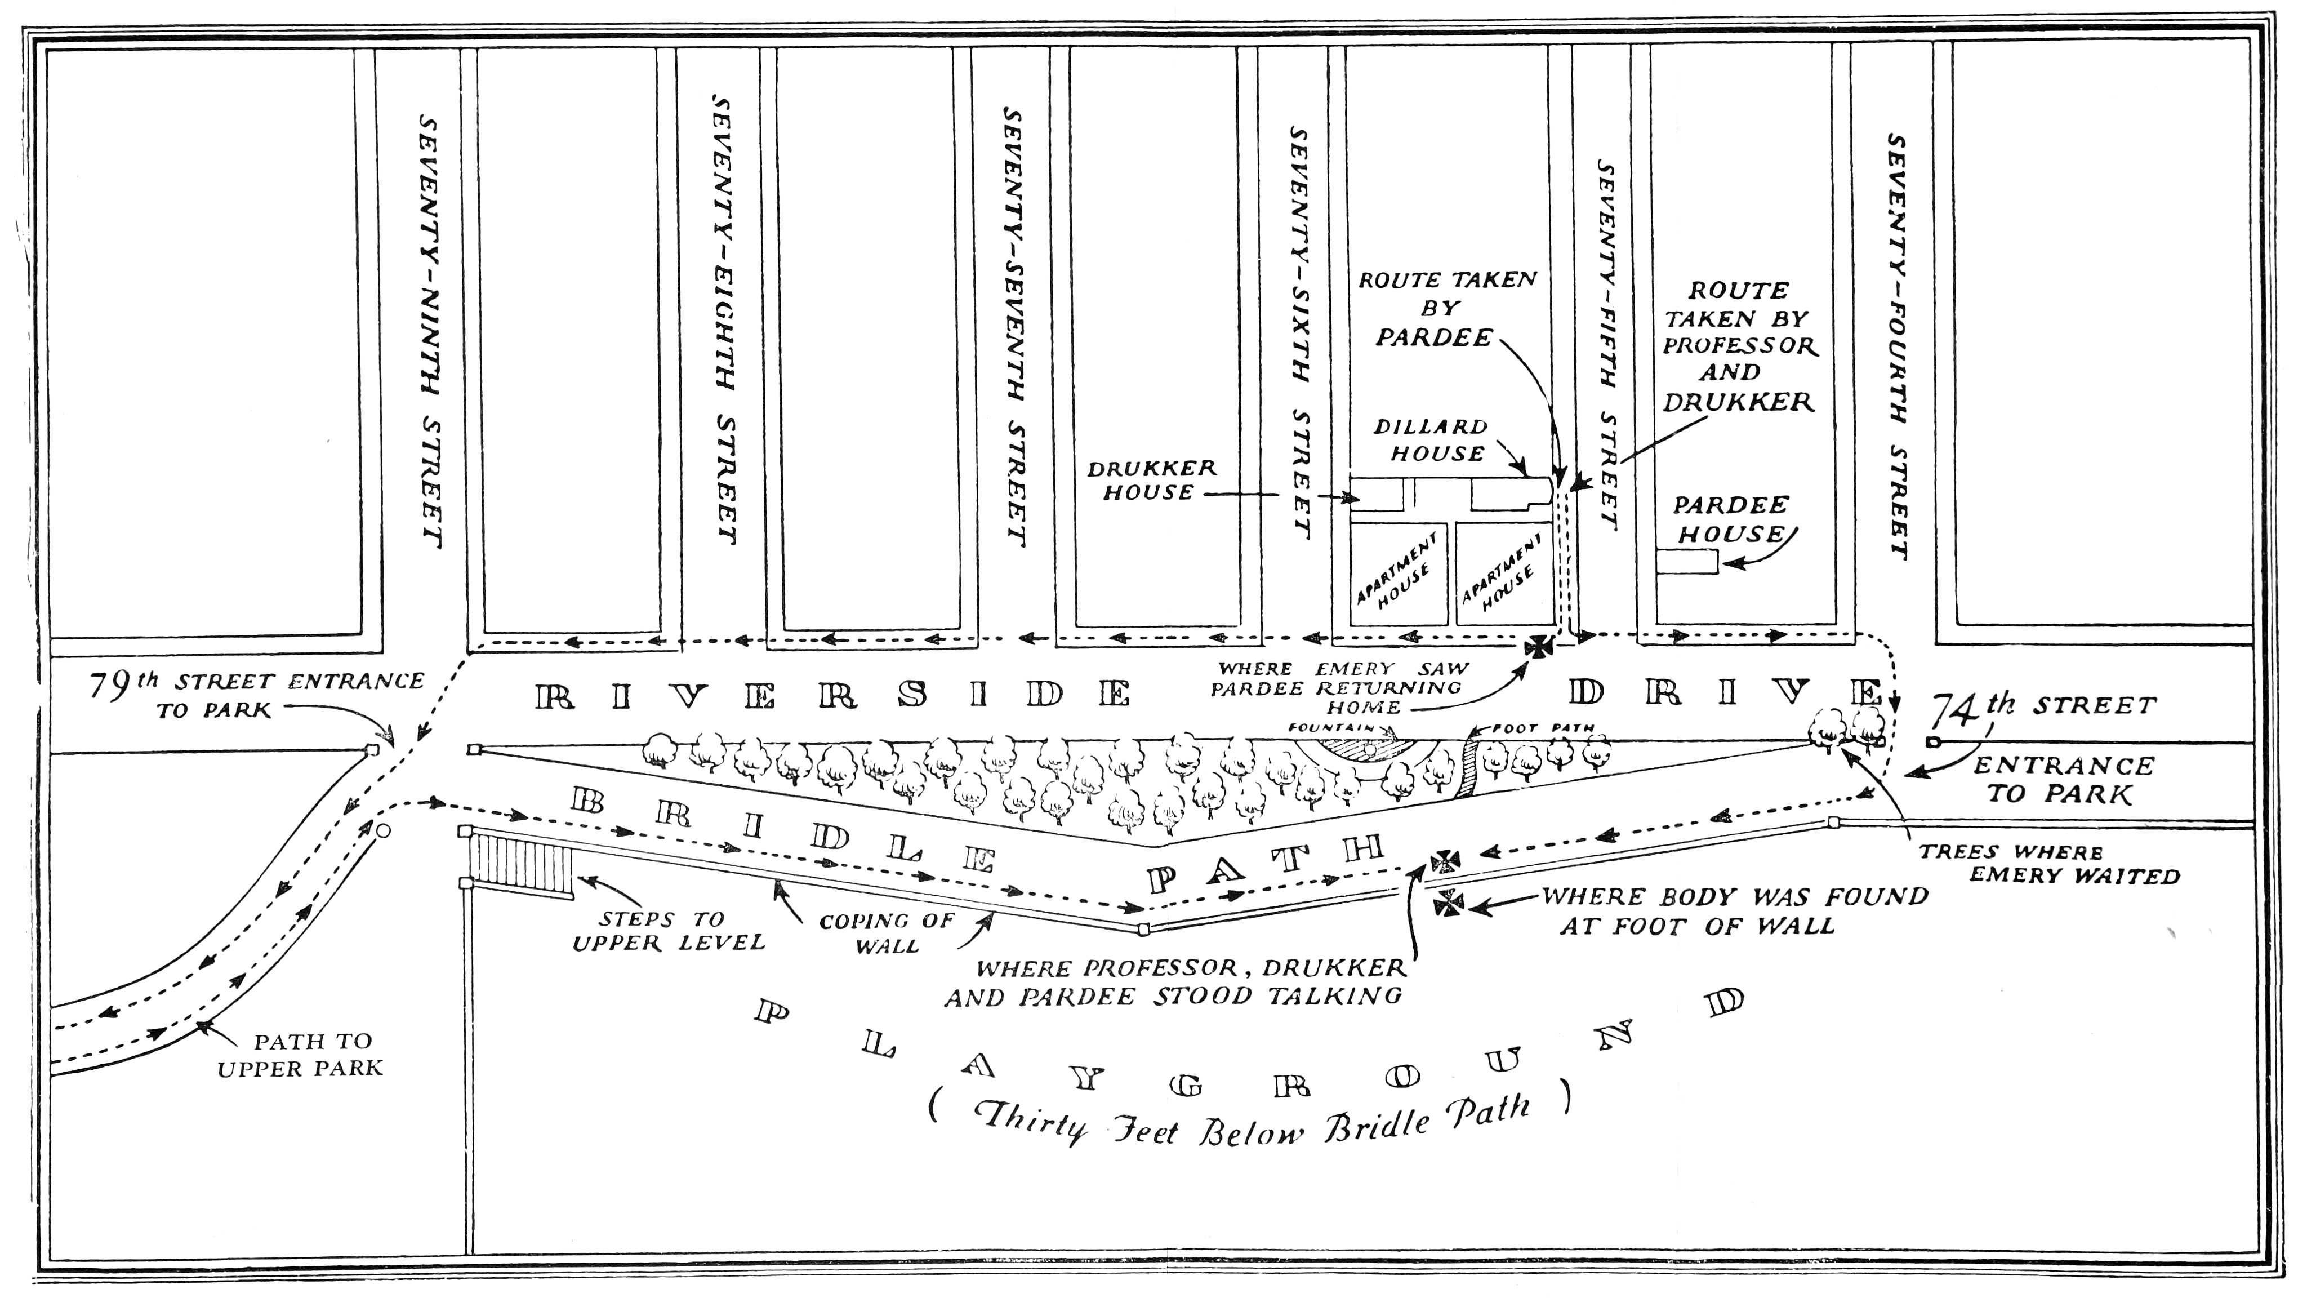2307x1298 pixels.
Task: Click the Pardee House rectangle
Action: coord(1686,562)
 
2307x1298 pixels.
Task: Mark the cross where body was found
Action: coord(1448,903)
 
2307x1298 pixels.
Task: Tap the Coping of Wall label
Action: coord(887,932)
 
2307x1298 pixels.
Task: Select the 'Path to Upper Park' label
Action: coord(301,1055)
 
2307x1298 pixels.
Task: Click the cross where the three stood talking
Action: coord(1445,862)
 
